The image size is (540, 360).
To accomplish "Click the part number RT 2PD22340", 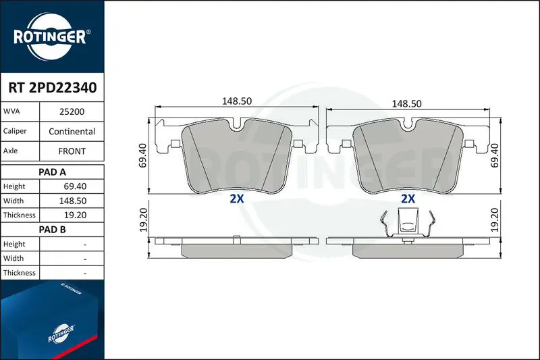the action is pos(53,88).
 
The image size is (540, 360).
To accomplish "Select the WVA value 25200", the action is pos(72,111).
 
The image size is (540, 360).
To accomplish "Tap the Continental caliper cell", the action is pos(72,131).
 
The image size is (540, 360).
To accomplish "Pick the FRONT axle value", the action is pos(72,151).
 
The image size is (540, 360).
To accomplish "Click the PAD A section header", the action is pos(52,172).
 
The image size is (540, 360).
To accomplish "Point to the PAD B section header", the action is pos(52,230).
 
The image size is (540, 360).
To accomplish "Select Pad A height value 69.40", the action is pos(75,186).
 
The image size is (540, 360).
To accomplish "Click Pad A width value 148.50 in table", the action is pos(73,201).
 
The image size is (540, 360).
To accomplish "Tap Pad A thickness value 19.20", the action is pos(75,215).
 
